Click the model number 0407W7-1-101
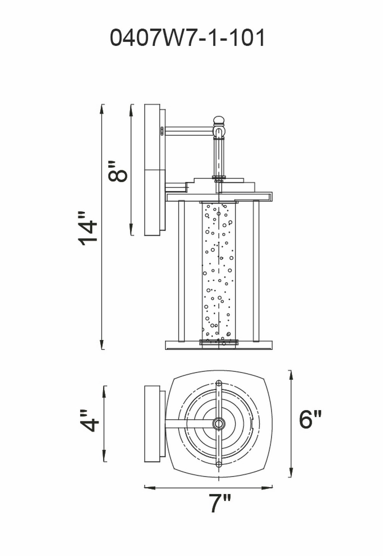188,38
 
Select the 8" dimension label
117,171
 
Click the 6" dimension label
310,419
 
